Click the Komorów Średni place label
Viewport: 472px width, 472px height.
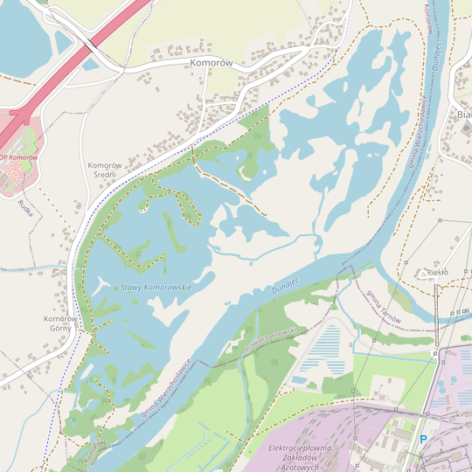coord(102,170)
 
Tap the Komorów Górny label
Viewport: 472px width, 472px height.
coord(60,323)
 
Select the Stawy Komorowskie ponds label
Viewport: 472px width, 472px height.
coord(156,287)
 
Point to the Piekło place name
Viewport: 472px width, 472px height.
coord(437,273)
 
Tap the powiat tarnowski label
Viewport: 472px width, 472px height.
coord(271,338)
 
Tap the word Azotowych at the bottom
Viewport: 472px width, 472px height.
coord(294,467)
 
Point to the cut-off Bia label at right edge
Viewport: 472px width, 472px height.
coord(463,114)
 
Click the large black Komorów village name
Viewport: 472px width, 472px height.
coord(209,64)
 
